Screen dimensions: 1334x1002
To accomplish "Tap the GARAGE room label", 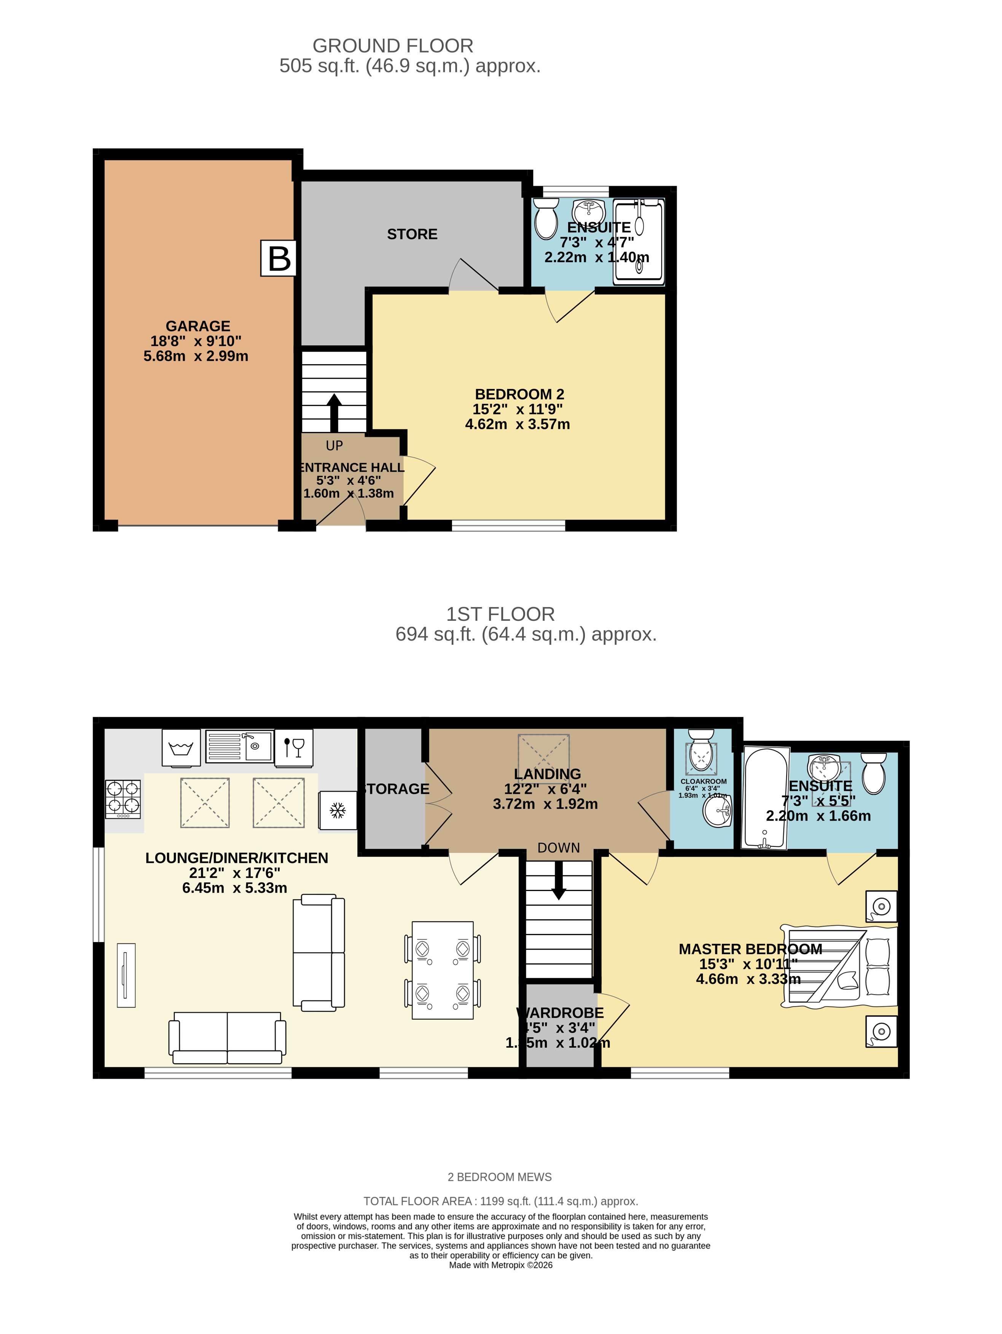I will click(x=198, y=326).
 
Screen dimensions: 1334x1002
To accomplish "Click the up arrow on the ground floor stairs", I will click(x=333, y=413).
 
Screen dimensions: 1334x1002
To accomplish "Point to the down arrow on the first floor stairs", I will click(x=559, y=880).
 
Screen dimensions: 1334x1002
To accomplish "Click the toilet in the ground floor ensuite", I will click(x=546, y=219).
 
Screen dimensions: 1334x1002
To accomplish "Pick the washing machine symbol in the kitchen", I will click(x=181, y=748).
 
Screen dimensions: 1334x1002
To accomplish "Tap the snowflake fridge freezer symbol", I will click(x=338, y=810).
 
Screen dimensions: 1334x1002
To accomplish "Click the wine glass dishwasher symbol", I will click(x=294, y=747).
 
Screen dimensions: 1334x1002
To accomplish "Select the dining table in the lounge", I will click(x=443, y=970).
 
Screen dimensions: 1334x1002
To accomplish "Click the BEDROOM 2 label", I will click(x=519, y=394).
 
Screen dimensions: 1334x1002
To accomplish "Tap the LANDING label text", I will click(x=547, y=774).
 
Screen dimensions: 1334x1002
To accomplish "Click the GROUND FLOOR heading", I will click(x=392, y=46).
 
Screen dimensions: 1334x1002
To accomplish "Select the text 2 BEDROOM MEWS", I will click(x=499, y=1176).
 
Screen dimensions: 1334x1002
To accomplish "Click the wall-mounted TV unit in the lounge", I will click(x=126, y=975).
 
